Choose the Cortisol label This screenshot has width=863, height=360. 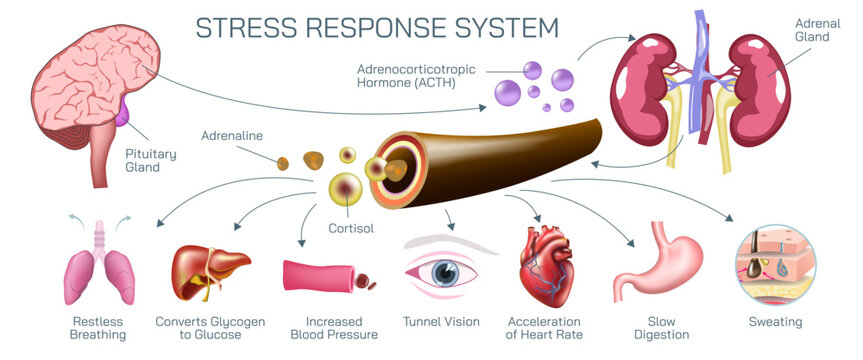coord(351,228)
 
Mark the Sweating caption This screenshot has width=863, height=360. coord(775,322)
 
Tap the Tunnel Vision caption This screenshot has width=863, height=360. coord(441,322)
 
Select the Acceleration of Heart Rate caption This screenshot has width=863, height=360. coord(544,328)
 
